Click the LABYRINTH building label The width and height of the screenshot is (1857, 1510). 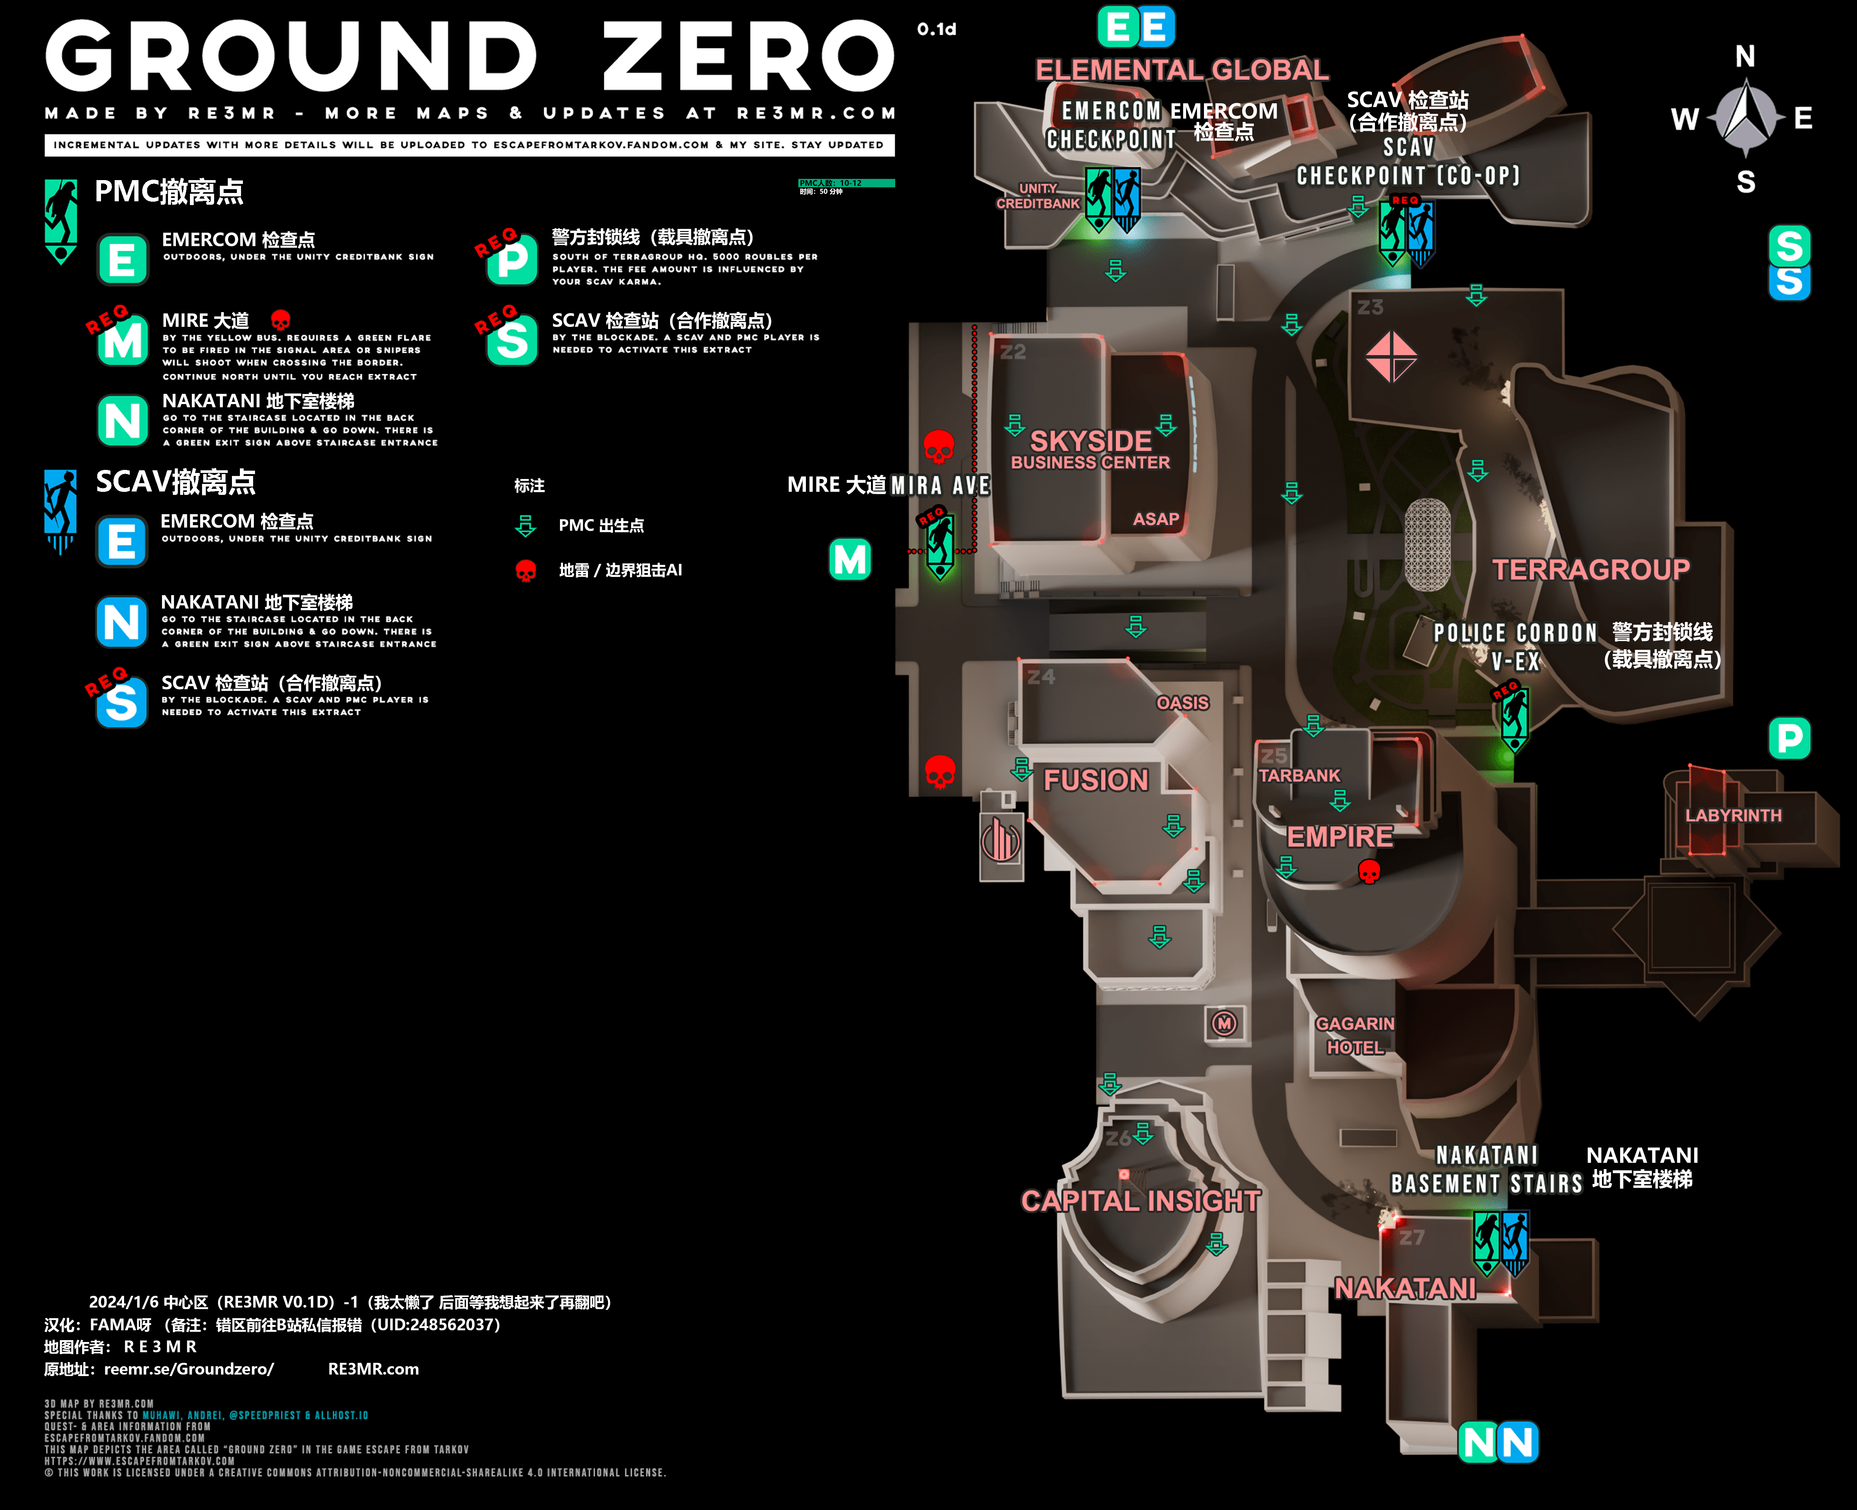(1733, 815)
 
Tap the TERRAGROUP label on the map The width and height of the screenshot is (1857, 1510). (1591, 570)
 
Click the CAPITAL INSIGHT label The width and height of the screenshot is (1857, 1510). (1140, 1201)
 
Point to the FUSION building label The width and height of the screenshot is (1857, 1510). (1096, 780)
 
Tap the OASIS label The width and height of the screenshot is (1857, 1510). (1182, 703)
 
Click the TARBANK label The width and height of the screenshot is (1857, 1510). (1299, 775)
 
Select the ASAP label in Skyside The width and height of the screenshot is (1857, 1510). (1156, 519)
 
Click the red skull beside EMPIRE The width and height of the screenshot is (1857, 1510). (1369, 871)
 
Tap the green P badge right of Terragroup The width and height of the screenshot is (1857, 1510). (1789, 739)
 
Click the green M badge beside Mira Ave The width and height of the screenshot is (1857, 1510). (850, 559)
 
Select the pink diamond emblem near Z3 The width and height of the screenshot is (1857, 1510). (1391, 357)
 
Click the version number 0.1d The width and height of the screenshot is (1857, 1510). (937, 30)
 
